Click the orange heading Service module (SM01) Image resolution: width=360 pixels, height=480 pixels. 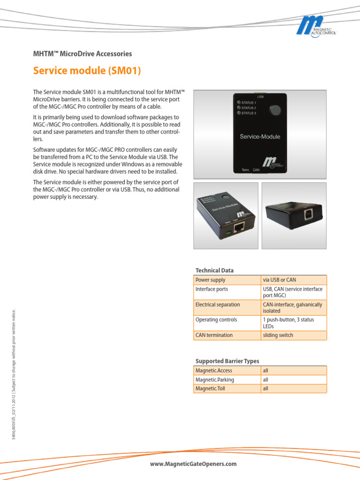pos(87,71)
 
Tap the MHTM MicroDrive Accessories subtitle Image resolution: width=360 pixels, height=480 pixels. pos(82,54)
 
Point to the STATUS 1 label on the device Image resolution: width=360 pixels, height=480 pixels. pos(248,102)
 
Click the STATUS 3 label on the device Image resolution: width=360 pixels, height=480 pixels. pos(248,113)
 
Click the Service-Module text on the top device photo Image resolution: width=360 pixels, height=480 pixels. pos(260,137)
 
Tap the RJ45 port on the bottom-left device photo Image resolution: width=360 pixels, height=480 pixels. pos(239,227)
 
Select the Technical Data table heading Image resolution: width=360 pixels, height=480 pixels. pos(214,270)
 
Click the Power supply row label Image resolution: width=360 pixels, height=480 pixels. pos(210,280)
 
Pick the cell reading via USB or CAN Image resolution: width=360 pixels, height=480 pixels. pos(279,280)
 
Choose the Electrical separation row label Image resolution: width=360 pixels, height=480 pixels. pos(217,305)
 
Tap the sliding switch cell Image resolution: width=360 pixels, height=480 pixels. pos(278,335)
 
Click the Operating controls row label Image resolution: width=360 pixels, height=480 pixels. pos(216,320)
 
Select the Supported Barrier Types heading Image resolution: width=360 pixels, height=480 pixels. pos(227,361)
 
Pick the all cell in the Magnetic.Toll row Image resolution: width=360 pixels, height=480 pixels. pos(265,389)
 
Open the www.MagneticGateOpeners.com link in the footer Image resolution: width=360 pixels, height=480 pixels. pos(193,464)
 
